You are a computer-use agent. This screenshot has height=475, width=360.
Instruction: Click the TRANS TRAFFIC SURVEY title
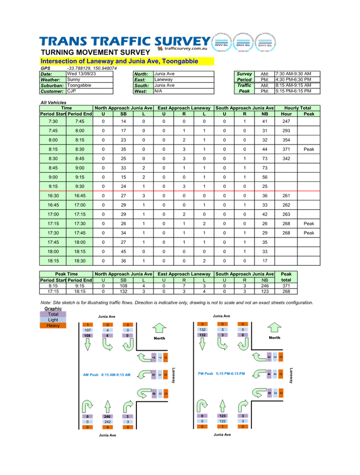(x=124, y=41)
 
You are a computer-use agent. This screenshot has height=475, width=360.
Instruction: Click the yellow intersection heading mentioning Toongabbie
(x=127, y=61)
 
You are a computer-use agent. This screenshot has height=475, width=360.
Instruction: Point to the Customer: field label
(x=53, y=91)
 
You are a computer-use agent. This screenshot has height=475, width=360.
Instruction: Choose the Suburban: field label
(x=53, y=85)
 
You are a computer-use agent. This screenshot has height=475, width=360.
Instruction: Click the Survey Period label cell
(x=244, y=77)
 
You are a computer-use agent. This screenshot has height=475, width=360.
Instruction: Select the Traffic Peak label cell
(x=244, y=88)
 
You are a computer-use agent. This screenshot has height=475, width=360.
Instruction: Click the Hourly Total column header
(x=297, y=108)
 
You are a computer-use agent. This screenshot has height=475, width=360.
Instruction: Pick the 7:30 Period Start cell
(x=53, y=121)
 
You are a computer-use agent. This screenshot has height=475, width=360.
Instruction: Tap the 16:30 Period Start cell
(x=53, y=196)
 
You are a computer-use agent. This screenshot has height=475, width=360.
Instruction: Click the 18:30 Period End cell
(x=80, y=261)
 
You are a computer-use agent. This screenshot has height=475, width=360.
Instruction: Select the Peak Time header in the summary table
(x=67, y=274)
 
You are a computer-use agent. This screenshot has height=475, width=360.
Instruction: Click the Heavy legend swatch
(x=53, y=325)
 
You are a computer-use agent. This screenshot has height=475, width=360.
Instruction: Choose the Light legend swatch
(x=53, y=320)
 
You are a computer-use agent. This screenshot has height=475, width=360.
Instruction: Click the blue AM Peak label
(x=107, y=374)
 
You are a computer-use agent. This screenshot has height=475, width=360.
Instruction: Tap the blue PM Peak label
(x=222, y=373)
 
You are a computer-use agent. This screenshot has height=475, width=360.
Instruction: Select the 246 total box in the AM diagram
(x=107, y=417)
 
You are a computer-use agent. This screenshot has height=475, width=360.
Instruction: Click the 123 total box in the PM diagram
(x=222, y=416)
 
